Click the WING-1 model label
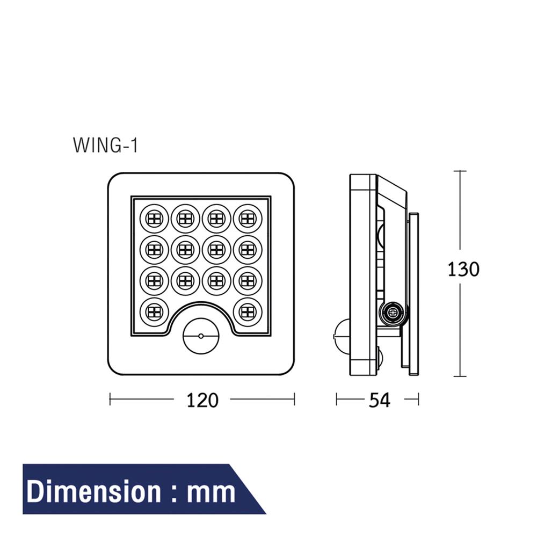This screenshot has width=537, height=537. (x=105, y=146)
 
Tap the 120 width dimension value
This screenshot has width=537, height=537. (x=202, y=400)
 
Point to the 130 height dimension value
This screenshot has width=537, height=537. (x=463, y=268)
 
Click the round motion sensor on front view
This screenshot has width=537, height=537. (x=201, y=336)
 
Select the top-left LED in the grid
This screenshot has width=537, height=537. (x=154, y=218)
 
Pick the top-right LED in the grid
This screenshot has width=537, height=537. (x=247, y=218)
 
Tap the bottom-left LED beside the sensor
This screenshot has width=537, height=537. (x=154, y=310)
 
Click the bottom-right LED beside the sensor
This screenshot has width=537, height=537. (x=247, y=310)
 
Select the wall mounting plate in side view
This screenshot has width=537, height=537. (x=414, y=293)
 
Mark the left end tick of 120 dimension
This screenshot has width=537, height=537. (x=110, y=400)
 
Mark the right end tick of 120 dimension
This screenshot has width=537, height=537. (x=294, y=400)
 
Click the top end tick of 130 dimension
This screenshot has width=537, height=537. (x=460, y=171)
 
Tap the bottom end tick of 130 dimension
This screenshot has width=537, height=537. (x=460, y=376)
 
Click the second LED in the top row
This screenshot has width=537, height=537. (x=185, y=218)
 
